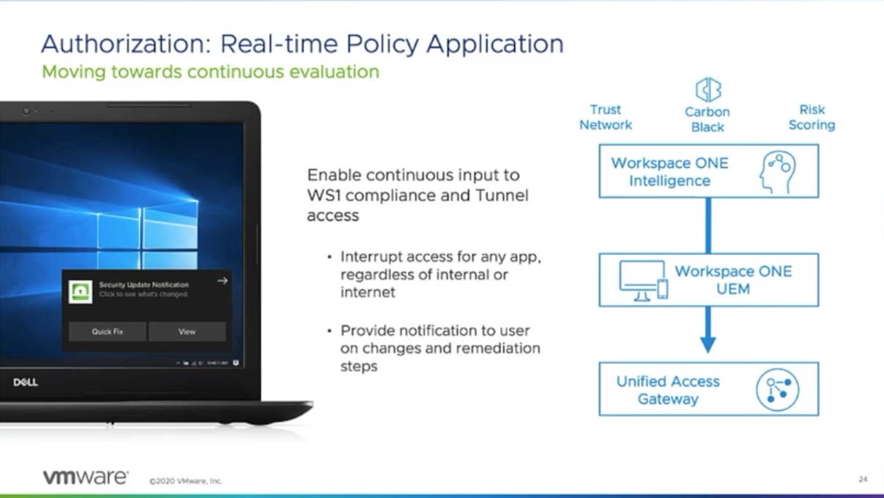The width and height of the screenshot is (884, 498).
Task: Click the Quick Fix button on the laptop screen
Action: pos(108,332)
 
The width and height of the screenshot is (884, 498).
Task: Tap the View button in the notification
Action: pos(187,332)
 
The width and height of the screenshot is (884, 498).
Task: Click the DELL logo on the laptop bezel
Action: pos(26,382)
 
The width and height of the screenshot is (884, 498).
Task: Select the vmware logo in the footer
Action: pos(85,477)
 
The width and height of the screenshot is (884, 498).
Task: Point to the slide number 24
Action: pos(863,480)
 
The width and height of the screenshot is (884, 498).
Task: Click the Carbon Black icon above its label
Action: pos(707,90)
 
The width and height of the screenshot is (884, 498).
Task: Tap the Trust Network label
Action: pos(606,117)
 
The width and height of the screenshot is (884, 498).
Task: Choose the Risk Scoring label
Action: pos(811,117)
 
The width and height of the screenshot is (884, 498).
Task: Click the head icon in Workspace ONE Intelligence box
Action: pos(777,171)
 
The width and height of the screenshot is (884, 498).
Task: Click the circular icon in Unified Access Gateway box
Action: pos(777,389)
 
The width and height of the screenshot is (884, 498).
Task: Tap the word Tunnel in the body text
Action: pos(504,196)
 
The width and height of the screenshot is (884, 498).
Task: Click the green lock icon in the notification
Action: pos(81,291)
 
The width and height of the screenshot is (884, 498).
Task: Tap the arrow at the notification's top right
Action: pos(223,280)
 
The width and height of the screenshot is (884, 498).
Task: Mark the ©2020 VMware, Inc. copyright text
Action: pos(185,481)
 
